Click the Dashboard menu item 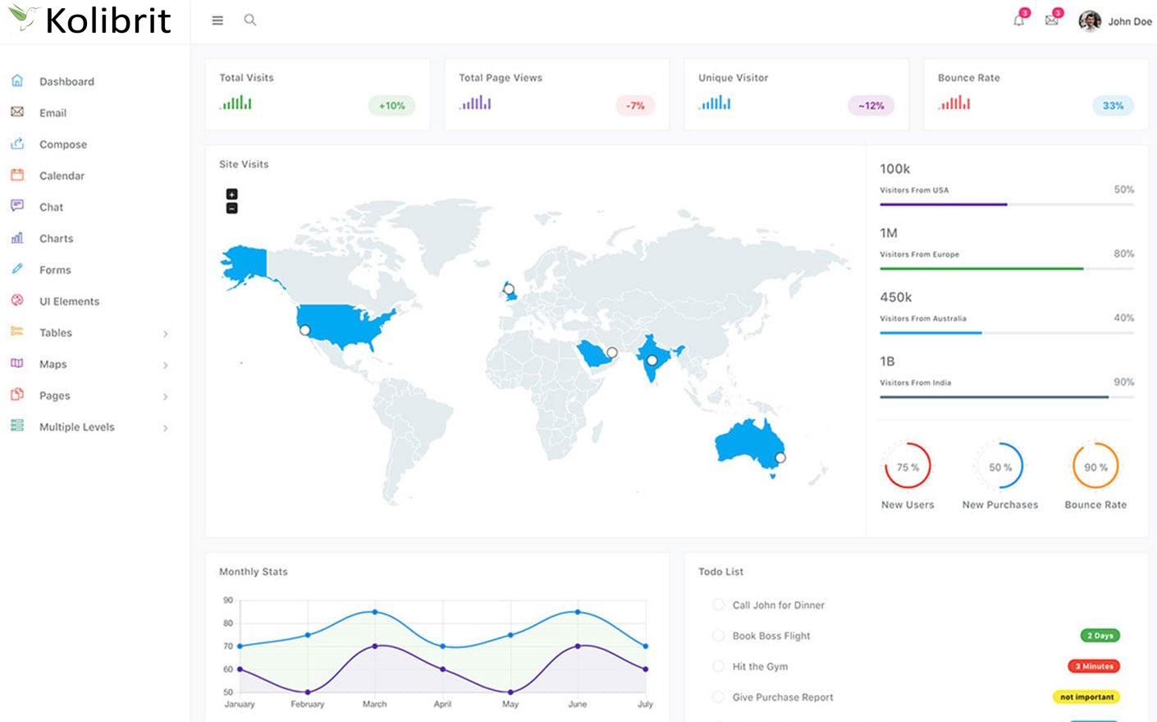coord(66,81)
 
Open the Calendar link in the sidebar coord(62,176)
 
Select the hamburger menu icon coord(217,21)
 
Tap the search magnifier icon coord(250,21)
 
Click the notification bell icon coord(1018,21)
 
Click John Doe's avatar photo coord(1090,21)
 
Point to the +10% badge coord(391,105)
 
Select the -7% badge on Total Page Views coord(635,105)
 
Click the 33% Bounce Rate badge coord(1113,105)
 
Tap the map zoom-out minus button coord(232,208)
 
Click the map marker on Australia coord(780,458)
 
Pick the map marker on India coord(652,360)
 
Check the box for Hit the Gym coord(719,666)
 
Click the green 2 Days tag coord(1100,635)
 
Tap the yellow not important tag coord(1086,697)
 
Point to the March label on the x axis coord(374,704)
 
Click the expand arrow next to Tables coord(165,334)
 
